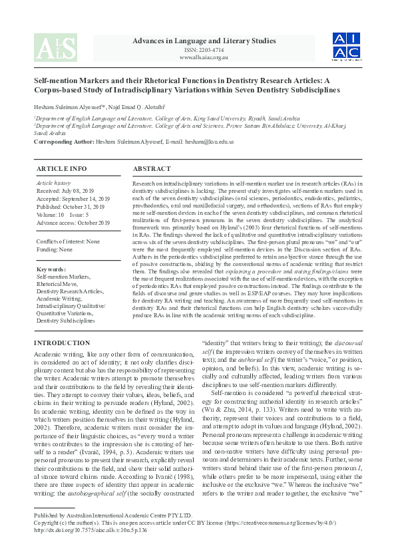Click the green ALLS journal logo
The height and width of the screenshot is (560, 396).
click(x=55, y=48)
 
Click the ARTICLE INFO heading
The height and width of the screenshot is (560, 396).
click(x=61, y=169)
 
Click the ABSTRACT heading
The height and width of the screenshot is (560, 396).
click(x=153, y=169)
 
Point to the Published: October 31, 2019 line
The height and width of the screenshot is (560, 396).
click(x=71, y=207)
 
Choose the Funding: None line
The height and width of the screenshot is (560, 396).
click(x=55, y=250)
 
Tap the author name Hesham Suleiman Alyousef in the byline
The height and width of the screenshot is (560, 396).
click(x=71, y=108)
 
